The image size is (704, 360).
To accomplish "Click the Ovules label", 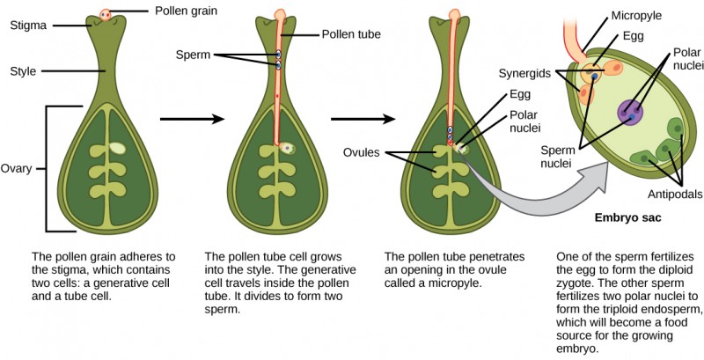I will tap(363, 152).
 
